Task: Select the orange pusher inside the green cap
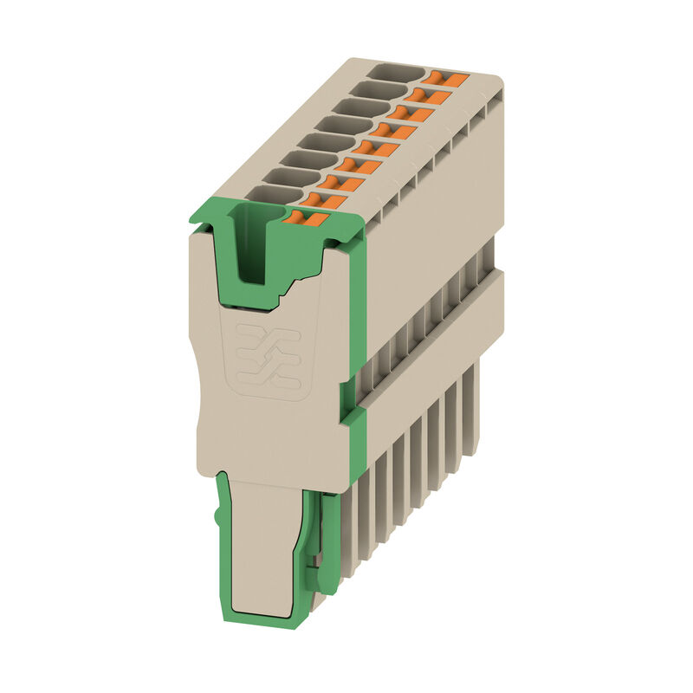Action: (306, 220)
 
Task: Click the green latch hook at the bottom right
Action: (327, 546)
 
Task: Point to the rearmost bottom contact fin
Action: (472, 407)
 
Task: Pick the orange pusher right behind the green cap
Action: (326, 200)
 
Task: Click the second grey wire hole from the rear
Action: (378, 90)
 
